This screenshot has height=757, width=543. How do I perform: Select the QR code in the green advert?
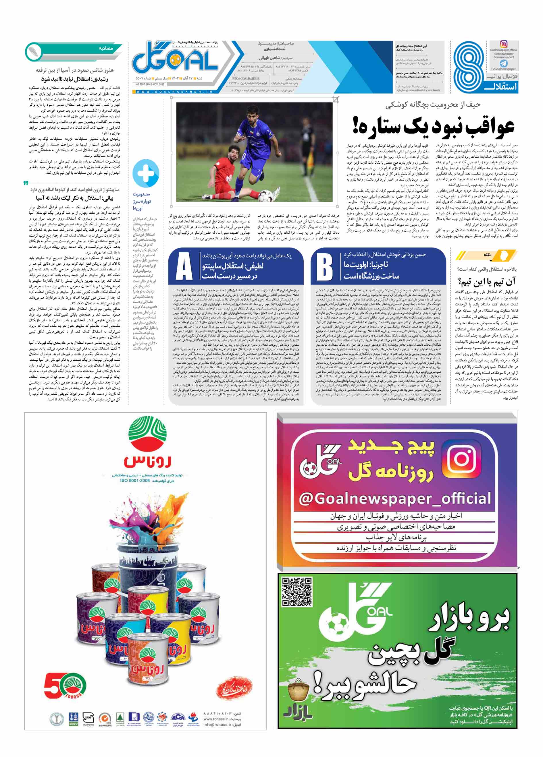pos(297,592)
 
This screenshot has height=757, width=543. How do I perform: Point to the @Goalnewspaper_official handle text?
pos(395,499)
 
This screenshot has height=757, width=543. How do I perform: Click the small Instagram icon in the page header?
pos(504,44)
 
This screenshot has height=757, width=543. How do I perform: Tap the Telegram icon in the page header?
pos(503,63)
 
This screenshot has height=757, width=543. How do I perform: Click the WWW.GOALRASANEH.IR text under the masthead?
pos(174,92)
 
